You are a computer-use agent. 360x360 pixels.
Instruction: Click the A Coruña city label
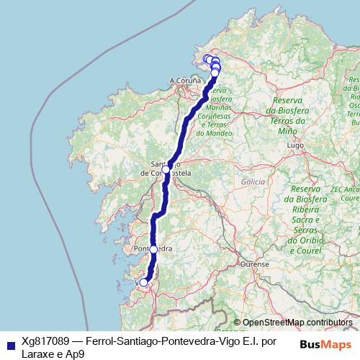pos(183,80)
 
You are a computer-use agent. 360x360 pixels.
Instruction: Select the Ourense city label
pos(255,264)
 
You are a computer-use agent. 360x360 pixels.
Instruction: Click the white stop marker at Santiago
pos(166,169)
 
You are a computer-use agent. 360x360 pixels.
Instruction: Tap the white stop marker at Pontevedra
pos(153,249)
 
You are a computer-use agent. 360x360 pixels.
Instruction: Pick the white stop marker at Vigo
pos(143,282)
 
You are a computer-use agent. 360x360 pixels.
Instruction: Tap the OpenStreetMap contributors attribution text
pos(297,323)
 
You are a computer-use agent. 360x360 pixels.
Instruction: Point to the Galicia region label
pos(253,182)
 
